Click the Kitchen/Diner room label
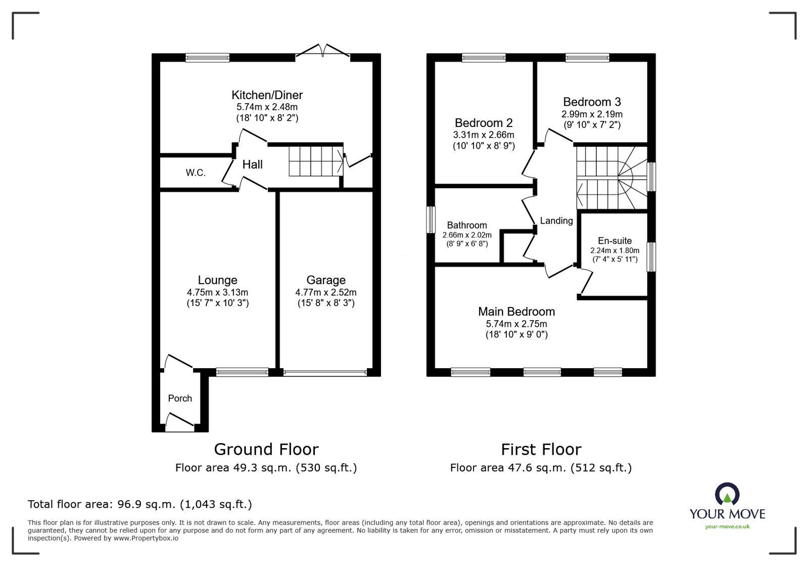click(x=267, y=95)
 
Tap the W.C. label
click(x=196, y=173)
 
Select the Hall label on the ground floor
click(x=252, y=164)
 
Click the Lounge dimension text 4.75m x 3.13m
click(x=217, y=292)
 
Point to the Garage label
click(x=326, y=280)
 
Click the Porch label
click(x=180, y=399)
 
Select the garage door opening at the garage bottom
click(x=325, y=373)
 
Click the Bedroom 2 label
click(x=484, y=123)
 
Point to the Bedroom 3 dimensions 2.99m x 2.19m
click(x=592, y=114)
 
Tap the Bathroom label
click(x=467, y=226)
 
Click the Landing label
click(x=556, y=221)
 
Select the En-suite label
click(x=614, y=241)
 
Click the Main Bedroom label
click(x=516, y=312)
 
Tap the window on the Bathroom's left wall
click(x=431, y=220)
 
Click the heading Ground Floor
click(x=266, y=449)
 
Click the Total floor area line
click(x=140, y=504)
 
